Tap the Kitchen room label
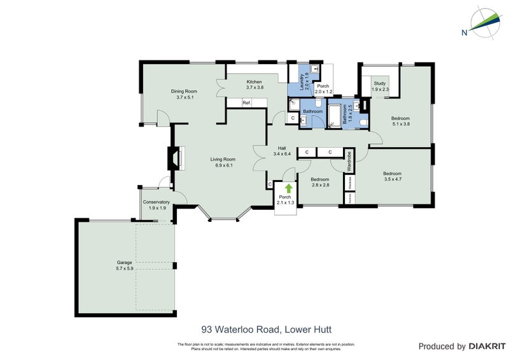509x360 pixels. [x=254, y=84]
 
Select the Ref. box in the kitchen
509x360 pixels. [x=247, y=102]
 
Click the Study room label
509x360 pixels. [x=379, y=86]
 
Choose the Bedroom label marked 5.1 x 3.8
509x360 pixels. [x=400, y=121]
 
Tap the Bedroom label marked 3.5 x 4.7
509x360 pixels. [x=392, y=177]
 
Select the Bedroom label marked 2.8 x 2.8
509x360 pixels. [x=320, y=182]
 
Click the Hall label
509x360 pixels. [x=281, y=151]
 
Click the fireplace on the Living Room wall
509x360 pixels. [x=175, y=158]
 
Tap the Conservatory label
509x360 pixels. [x=156, y=204]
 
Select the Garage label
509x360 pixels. [x=125, y=265]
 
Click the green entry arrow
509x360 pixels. [x=288, y=188]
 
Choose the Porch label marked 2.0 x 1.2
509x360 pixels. [x=323, y=89]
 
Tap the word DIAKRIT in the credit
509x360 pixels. [x=487, y=346]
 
